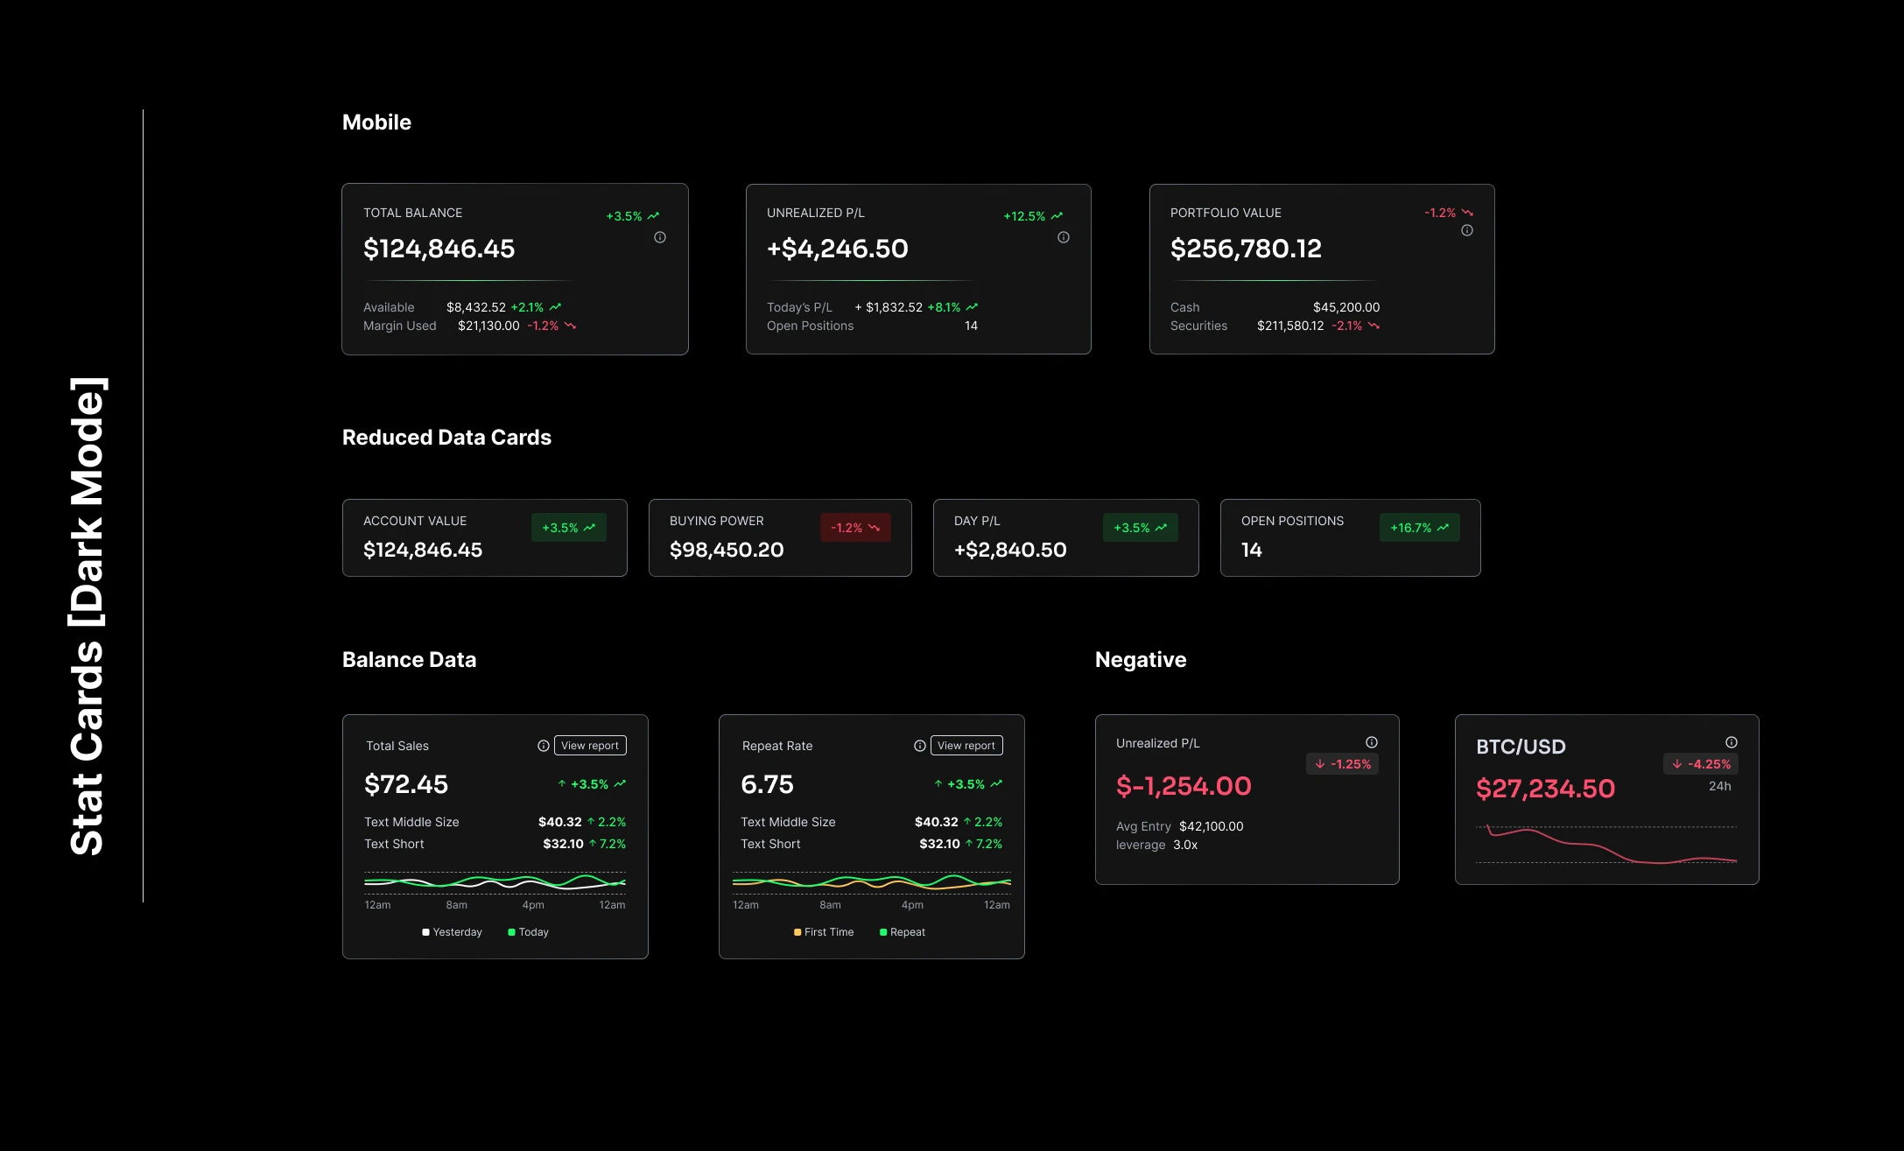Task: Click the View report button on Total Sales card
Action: click(x=590, y=746)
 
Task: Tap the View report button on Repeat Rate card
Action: click(x=966, y=746)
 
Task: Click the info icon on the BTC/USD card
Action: click(x=1732, y=742)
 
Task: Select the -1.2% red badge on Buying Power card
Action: click(x=855, y=528)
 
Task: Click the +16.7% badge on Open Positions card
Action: click(x=1419, y=528)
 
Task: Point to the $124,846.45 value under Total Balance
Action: click(x=439, y=249)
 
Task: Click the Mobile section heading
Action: click(x=376, y=123)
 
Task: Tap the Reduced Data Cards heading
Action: click(x=446, y=438)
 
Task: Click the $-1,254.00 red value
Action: click(x=1184, y=786)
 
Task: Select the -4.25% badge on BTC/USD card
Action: click(x=1701, y=764)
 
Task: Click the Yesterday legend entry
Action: click(x=452, y=932)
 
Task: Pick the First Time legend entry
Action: click(x=824, y=932)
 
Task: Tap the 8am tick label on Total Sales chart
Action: click(x=456, y=905)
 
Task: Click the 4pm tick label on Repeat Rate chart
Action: click(x=912, y=905)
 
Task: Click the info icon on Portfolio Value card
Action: click(x=1467, y=230)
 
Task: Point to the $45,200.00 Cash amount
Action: click(x=1346, y=307)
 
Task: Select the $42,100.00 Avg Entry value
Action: click(x=1211, y=826)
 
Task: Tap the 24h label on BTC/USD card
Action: click(x=1719, y=786)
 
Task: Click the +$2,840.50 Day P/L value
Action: click(x=1010, y=551)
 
